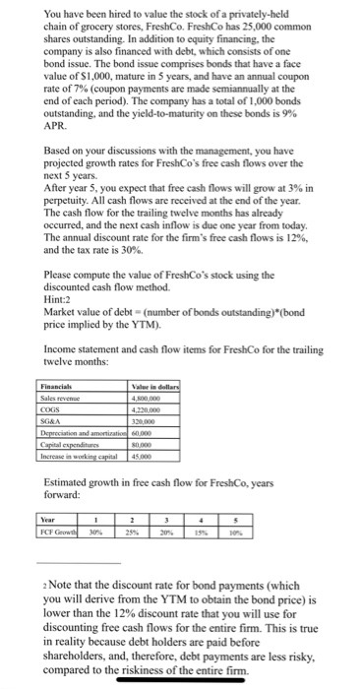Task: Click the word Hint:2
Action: click(x=60, y=302)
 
